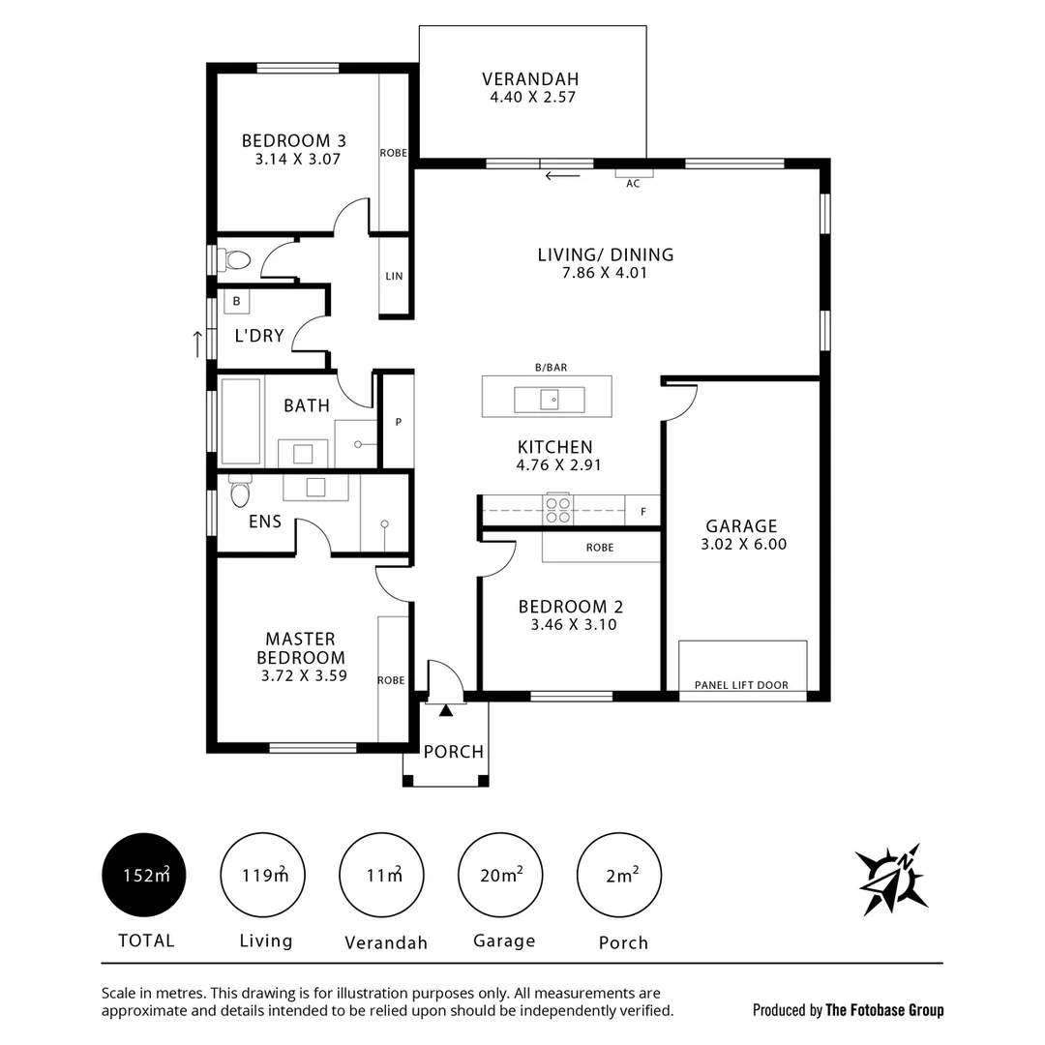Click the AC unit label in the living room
tap(634, 184)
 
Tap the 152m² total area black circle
tap(144, 875)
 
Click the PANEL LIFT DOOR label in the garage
tap(741, 685)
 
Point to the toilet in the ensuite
tap(239, 493)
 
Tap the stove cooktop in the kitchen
tap(557, 509)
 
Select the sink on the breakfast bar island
tap(549, 398)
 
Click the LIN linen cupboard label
tap(394, 276)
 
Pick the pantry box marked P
tap(398, 421)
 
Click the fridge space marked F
tap(642, 510)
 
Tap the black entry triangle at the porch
tap(445, 711)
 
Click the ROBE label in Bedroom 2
tap(600, 547)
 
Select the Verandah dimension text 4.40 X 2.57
tap(532, 97)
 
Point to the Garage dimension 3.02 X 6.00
tap(742, 544)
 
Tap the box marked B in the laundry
tap(235, 302)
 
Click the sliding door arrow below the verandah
tap(562, 176)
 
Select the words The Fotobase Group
tap(883, 1010)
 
